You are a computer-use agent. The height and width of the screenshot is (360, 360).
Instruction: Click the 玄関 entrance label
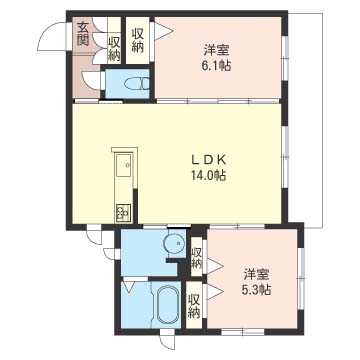click(x=82, y=34)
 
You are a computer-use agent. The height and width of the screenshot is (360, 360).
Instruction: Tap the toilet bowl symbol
click(x=137, y=84)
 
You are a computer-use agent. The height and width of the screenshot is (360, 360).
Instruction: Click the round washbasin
click(x=174, y=243)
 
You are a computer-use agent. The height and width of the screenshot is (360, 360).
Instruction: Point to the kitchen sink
click(x=124, y=167)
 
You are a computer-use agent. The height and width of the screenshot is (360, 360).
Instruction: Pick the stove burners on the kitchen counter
click(x=124, y=212)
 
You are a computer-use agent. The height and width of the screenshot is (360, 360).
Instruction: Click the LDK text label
click(x=209, y=159)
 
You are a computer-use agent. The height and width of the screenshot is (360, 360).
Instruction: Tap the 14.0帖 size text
click(x=209, y=175)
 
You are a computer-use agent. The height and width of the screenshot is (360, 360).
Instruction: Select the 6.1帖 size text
click(x=216, y=66)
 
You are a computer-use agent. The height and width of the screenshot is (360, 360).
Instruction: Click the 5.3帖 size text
click(x=256, y=289)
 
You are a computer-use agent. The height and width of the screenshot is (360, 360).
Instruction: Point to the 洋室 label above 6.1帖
click(x=216, y=51)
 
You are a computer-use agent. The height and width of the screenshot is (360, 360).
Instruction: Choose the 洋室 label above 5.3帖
click(x=256, y=274)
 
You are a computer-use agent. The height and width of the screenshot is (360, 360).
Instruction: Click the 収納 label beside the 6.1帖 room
click(x=137, y=40)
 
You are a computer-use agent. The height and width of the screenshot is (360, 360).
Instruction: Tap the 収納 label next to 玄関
click(x=114, y=49)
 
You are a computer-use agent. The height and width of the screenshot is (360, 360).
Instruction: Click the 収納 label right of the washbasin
click(x=197, y=258)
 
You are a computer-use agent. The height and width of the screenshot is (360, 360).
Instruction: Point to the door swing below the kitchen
click(x=94, y=236)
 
